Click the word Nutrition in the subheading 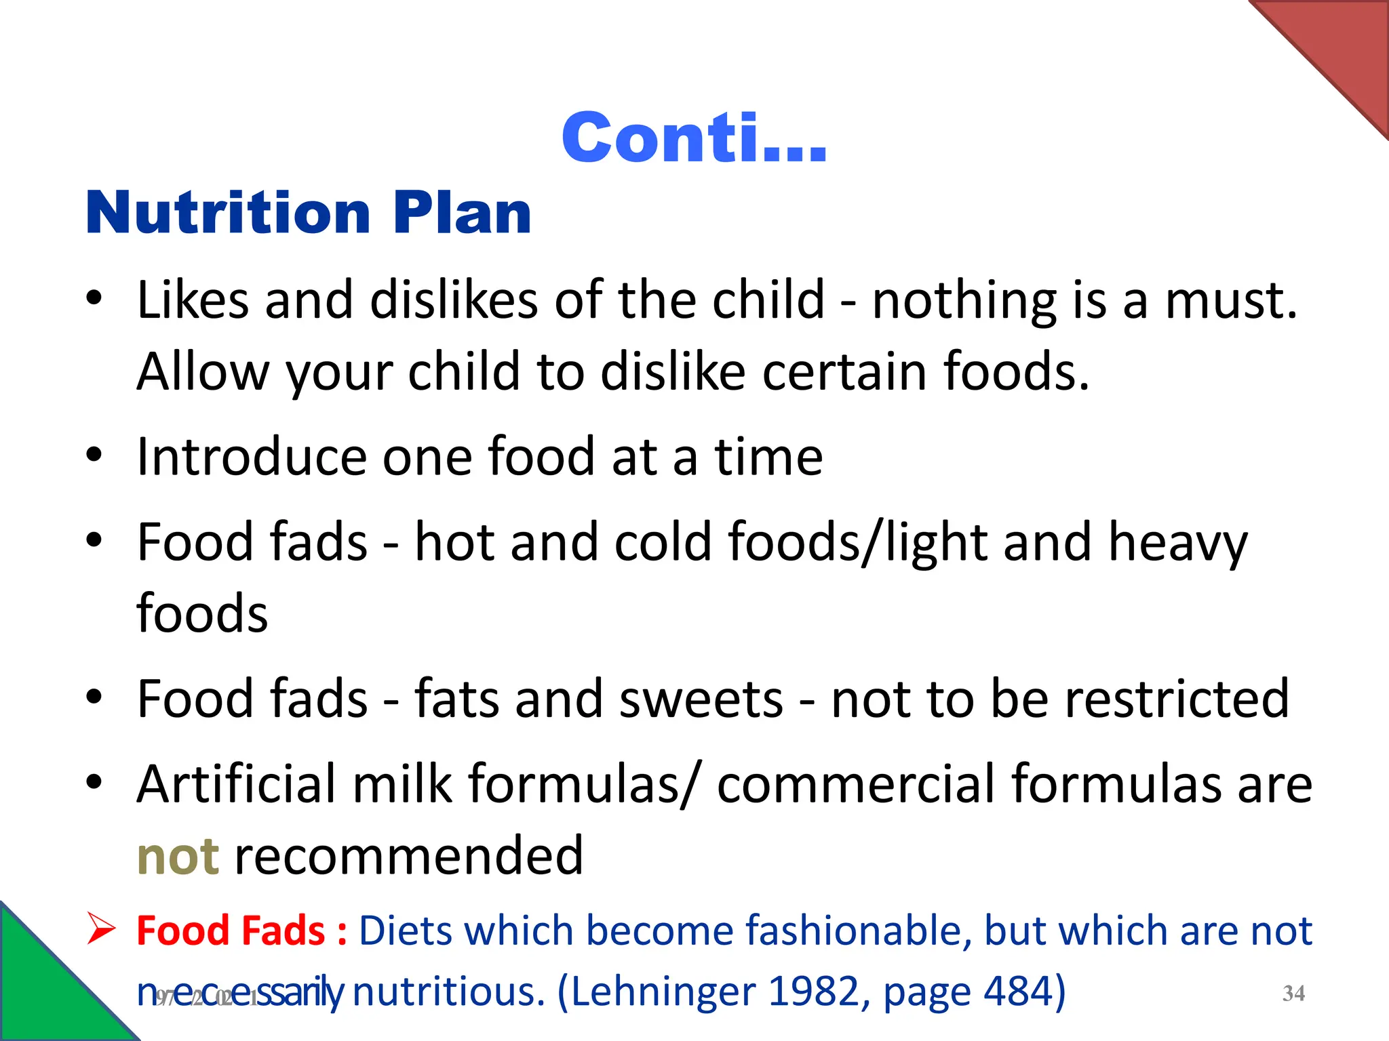(x=228, y=213)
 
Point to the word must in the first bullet (x=1230, y=300)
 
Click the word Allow (x=202, y=371)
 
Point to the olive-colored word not (x=178, y=856)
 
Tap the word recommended (x=408, y=856)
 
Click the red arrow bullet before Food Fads (x=102, y=929)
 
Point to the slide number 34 (x=1293, y=994)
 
